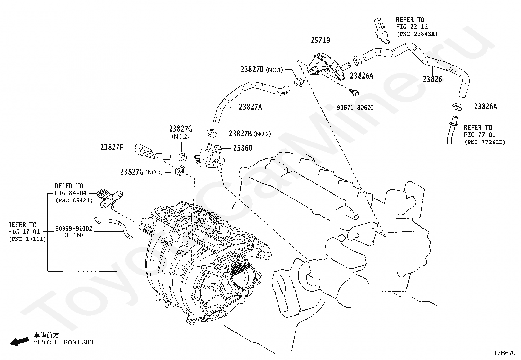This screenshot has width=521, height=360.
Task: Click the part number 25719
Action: [320, 40]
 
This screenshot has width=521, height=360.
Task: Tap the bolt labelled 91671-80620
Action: [354, 92]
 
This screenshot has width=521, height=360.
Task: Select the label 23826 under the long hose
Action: [432, 79]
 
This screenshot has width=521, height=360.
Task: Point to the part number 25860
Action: [243, 148]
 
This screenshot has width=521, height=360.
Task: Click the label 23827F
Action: [112, 147]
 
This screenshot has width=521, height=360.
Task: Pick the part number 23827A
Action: [250, 107]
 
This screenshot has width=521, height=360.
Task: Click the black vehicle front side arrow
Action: [20, 341]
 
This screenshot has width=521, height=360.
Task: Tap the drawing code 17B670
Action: [505, 353]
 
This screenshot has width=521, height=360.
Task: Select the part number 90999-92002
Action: [74, 228]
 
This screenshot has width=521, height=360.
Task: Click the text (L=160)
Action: [74, 235]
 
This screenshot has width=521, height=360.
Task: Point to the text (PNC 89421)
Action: [74, 200]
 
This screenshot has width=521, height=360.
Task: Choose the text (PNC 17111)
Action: [27, 239]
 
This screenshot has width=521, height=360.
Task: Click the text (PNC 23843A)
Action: [417, 34]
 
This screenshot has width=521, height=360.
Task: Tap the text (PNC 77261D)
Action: [485, 142]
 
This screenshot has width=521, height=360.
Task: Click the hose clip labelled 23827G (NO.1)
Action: [180, 171]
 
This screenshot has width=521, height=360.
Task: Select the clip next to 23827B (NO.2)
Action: [212, 133]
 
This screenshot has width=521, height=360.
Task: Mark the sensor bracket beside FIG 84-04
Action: [110, 198]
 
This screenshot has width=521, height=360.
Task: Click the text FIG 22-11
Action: [412, 27]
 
